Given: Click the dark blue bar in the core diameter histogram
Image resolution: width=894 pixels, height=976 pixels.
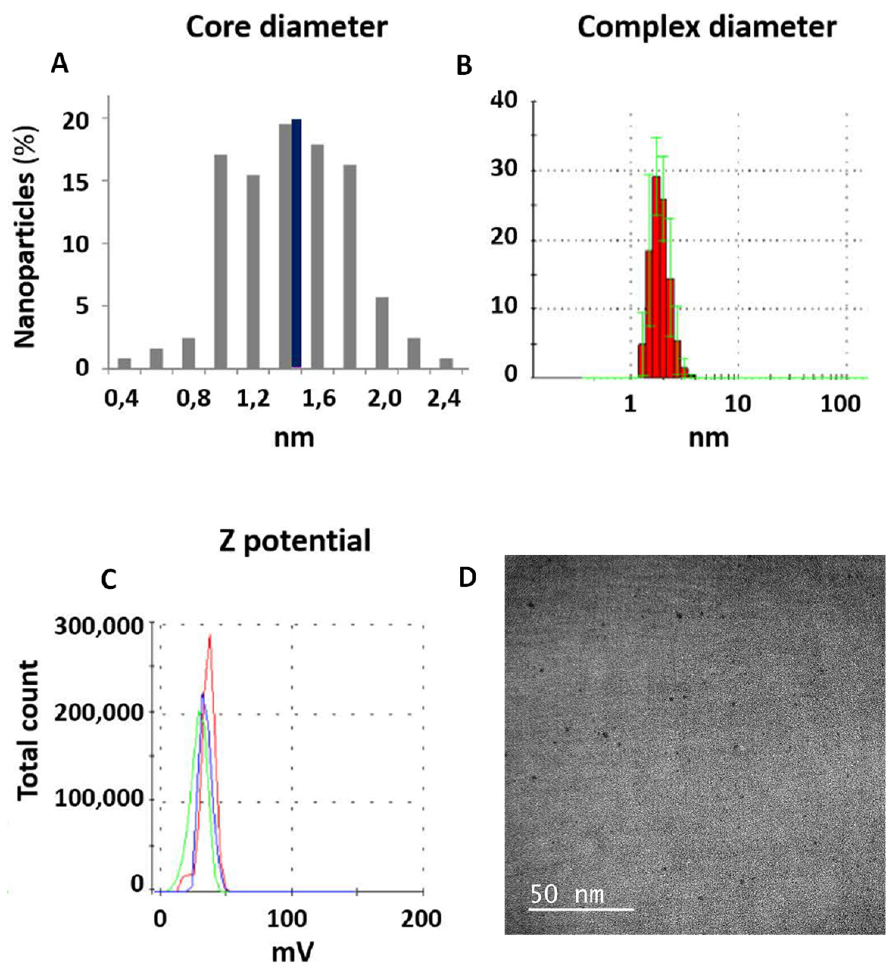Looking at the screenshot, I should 296,243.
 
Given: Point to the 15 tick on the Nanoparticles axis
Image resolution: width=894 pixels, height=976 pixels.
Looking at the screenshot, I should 76,181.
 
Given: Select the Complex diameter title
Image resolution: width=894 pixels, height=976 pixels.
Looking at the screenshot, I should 707,28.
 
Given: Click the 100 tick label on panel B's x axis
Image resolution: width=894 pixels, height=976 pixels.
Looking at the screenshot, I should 840,403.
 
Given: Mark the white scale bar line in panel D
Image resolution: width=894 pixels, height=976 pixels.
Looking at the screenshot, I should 580,909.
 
